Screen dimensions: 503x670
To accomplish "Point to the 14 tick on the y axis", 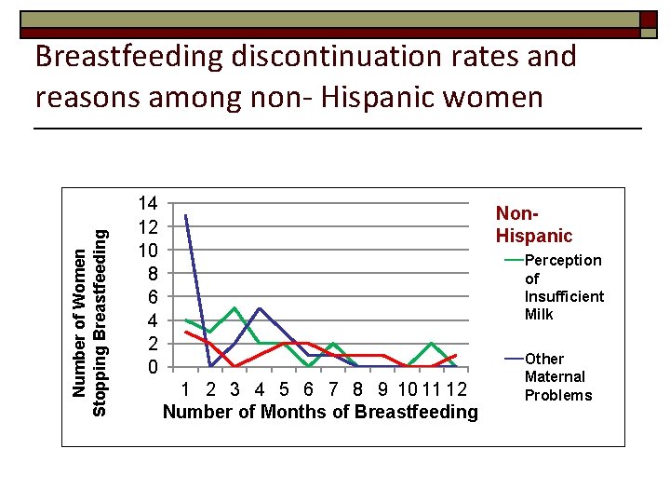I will pyautogui.click(x=147, y=203).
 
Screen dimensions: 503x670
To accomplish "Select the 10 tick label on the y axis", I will pyautogui.click(x=147, y=250).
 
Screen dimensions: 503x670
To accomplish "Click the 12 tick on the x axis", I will pyautogui.click(x=456, y=388).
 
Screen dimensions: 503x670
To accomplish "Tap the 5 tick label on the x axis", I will pyautogui.click(x=284, y=388).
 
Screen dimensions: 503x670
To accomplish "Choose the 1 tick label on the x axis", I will pyautogui.click(x=186, y=388).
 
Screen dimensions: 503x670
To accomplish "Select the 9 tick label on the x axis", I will pyautogui.click(x=382, y=388).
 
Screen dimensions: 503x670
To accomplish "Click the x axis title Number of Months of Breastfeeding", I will pyautogui.click(x=319, y=411).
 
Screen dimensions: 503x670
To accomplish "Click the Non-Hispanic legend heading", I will pyautogui.click(x=534, y=224).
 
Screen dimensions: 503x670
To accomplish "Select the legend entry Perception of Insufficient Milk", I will pyautogui.click(x=562, y=287).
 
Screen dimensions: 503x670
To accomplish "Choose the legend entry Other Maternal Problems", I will pyautogui.click(x=557, y=376).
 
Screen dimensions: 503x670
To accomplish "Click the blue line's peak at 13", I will pyautogui.click(x=186, y=215).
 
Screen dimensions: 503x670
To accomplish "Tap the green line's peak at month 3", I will pyautogui.click(x=234, y=308).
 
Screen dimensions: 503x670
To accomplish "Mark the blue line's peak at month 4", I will pyautogui.click(x=259, y=308).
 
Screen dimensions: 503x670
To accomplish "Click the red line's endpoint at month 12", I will pyautogui.click(x=456, y=355).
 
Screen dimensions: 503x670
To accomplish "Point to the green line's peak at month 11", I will pyautogui.click(x=431, y=343).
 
